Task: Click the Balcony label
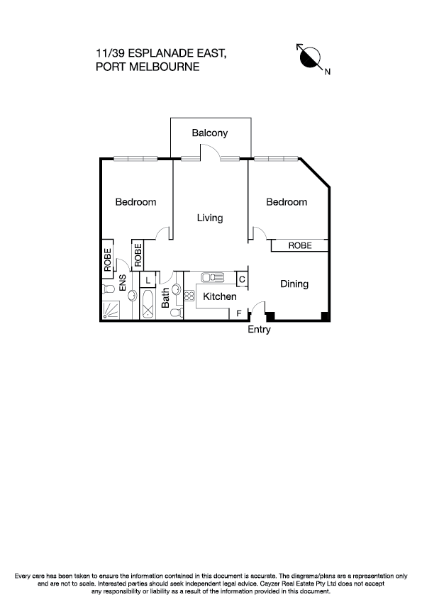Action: (x=209, y=133)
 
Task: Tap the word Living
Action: (x=210, y=218)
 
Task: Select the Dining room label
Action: (x=294, y=284)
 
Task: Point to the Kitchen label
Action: (x=220, y=296)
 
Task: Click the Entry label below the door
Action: (x=259, y=330)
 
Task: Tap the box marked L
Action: (x=147, y=280)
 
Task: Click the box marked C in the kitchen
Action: (x=242, y=279)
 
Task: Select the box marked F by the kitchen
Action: (x=239, y=313)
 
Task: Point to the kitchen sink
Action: (x=213, y=277)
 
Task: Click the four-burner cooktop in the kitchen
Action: (x=189, y=296)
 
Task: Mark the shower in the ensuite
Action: (x=111, y=310)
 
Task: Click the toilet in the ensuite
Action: (x=109, y=291)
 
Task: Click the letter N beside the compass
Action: (x=328, y=71)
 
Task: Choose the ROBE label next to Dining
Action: (x=299, y=245)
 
